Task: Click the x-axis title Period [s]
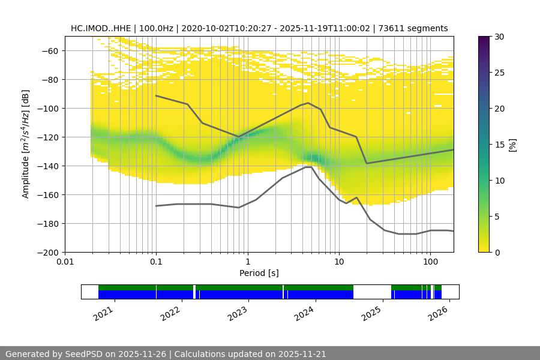coord(259,274)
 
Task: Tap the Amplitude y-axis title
coord(26,145)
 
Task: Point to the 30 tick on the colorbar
coord(499,37)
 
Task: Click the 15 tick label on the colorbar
coord(499,145)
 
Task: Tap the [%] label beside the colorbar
coord(512,145)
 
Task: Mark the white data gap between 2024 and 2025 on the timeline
coord(372,292)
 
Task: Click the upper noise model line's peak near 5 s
coord(308,103)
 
